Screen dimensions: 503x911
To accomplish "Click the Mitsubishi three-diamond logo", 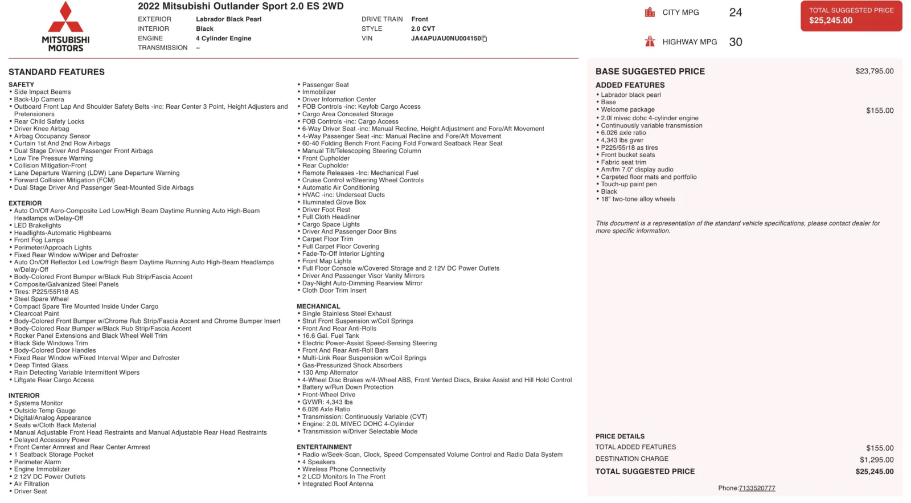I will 65,18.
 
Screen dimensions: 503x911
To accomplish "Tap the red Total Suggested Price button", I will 851,15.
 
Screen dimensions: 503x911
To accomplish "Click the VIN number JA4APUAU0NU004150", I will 446,39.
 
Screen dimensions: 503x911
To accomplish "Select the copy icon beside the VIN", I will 485,39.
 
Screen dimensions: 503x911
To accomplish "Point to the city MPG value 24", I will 735,13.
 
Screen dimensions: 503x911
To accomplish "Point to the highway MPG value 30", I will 735,42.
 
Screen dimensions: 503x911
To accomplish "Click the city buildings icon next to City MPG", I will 650,13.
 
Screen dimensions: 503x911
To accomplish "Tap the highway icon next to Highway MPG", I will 650,42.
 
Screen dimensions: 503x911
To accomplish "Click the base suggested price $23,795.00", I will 874,71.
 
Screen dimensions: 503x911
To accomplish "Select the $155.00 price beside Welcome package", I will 880,111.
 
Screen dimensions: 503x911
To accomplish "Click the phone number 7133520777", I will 757,488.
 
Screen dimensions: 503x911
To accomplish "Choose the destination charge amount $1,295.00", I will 876,460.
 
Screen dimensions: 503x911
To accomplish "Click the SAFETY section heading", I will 21,85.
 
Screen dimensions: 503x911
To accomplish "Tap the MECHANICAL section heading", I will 318,306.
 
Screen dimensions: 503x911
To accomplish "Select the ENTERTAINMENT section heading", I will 324,447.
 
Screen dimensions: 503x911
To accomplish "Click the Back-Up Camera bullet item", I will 39,100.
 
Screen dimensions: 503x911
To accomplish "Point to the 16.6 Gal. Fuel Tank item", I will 330,336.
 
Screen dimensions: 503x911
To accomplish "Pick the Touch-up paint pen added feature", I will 629,185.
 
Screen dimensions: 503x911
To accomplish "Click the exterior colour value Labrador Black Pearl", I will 228,19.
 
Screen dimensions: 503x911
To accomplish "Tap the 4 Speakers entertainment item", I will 318,462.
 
